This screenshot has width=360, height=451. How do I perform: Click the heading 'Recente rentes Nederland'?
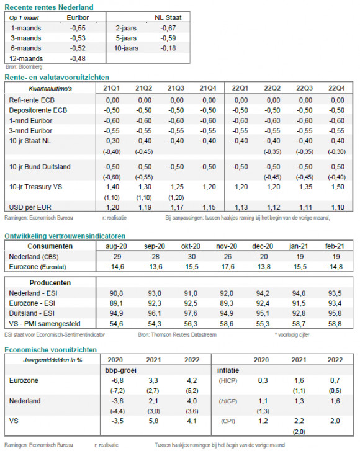(x=49, y=7)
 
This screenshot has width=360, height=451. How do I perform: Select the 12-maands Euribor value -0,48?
(x=78, y=59)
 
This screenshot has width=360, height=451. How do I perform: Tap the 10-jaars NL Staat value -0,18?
(x=168, y=48)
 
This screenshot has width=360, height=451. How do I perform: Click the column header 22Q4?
(x=336, y=88)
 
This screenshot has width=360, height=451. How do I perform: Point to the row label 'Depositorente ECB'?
(x=38, y=110)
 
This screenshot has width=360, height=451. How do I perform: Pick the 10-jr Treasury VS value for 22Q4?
(x=338, y=187)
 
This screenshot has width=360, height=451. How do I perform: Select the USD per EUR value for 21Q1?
(x=113, y=207)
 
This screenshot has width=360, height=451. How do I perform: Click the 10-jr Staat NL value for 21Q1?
(x=112, y=141)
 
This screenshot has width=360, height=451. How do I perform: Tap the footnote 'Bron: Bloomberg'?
(x=24, y=67)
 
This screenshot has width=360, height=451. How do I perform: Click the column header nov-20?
(x=227, y=246)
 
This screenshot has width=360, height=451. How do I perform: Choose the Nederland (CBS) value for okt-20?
(x=191, y=257)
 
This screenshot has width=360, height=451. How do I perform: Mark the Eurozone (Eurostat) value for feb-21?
(x=335, y=267)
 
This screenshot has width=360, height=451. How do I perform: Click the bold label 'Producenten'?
(x=50, y=283)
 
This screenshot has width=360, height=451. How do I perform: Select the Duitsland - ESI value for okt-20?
(x=191, y=313)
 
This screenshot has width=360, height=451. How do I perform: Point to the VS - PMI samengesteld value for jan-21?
(x=299, y=324)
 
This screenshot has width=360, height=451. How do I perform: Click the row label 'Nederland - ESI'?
(x=33, y=293)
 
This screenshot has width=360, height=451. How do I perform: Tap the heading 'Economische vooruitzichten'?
(x=51, y=350)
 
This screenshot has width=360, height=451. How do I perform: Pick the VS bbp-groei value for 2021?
(x=153, y=421)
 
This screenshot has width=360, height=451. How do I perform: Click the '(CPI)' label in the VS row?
(x=228, y=421)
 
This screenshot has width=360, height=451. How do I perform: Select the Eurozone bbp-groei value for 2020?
(x=117, y=380)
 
